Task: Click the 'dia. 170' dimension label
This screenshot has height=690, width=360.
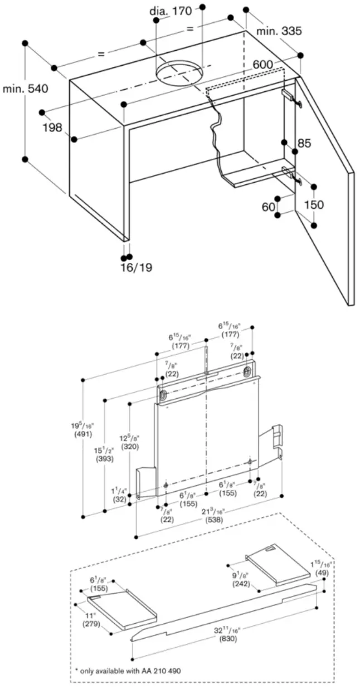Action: tap(171, 11)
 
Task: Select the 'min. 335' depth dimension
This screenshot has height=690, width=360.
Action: tap(279, 31)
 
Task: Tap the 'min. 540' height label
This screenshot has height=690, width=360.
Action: tap(25, 88)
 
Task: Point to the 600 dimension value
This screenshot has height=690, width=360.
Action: tap(263, 65)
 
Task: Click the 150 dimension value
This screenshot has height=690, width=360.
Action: tap(314, 204)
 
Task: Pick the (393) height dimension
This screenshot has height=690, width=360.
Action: tap(104, 459)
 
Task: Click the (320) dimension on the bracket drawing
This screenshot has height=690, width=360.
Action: tap(129, 447)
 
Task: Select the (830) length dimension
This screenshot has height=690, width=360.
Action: tap(227, 639)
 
